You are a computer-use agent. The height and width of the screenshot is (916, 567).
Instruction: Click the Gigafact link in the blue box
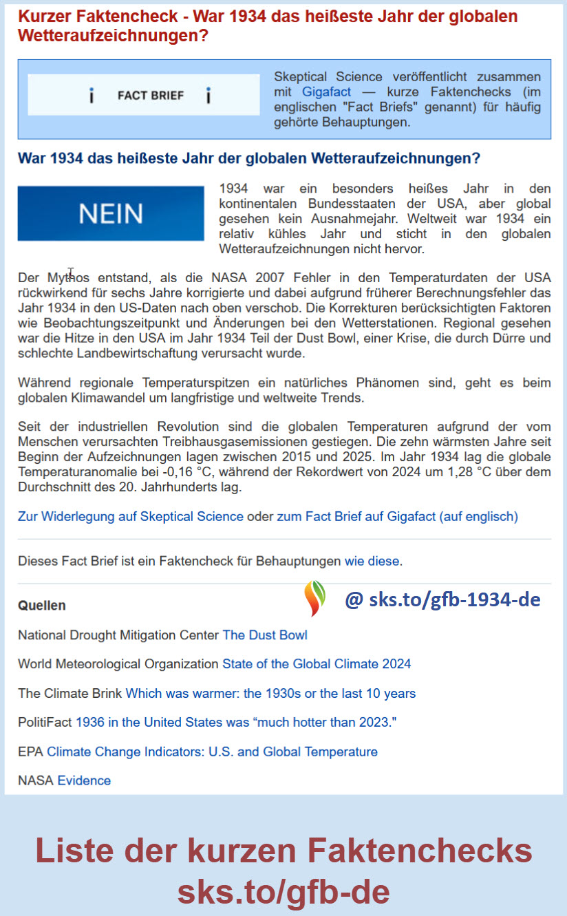(326, 92)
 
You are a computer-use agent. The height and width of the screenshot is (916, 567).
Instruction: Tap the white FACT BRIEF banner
(144, 95)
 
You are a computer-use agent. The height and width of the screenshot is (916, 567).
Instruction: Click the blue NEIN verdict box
(111, 213)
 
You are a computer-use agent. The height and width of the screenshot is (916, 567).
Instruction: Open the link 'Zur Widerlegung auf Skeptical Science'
(131, 516)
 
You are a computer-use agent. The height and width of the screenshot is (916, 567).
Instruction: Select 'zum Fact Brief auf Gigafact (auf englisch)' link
(397, 516)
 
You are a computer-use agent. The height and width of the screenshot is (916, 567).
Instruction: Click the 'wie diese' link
(372, 561)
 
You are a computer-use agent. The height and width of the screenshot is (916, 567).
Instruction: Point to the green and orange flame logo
(315, 597)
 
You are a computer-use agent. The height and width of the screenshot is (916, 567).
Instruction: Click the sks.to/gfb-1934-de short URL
(442, 599)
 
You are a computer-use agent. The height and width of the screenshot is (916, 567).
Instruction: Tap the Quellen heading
(42, 606)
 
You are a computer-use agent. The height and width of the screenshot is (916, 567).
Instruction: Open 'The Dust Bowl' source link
(265, 635)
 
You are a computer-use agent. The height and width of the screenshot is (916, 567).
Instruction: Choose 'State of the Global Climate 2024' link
(317, 664)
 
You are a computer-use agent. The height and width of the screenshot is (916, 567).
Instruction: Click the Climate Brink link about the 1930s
(270, 693)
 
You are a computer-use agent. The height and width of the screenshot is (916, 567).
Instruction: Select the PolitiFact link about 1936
(236, 723)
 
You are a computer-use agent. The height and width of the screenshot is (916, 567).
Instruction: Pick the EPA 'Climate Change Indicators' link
(212, 752)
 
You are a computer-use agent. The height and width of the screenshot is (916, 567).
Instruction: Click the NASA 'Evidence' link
(84, 780)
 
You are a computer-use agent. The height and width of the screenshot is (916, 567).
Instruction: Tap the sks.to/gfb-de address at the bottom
(283, 892)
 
